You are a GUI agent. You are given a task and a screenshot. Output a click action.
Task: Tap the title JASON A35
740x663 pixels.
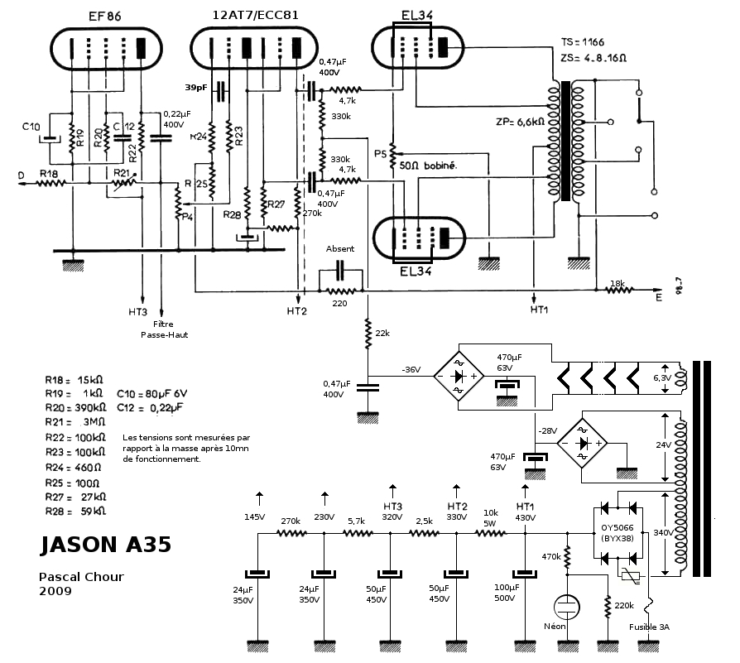coord(105,545)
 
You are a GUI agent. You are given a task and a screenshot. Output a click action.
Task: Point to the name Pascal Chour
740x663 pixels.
coord(81,576)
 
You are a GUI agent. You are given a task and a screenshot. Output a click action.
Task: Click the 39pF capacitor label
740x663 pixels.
coord(196,86)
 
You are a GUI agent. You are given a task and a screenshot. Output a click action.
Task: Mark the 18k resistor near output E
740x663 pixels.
coord(617,283)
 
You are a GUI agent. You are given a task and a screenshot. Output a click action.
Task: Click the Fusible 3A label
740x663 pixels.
coord(650,627)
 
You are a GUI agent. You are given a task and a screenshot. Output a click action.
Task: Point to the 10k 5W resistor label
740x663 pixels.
coord(491,518)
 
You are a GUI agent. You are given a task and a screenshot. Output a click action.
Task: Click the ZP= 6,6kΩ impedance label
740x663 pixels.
coord(520,122)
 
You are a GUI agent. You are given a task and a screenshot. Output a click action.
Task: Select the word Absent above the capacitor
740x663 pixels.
coord(340,248)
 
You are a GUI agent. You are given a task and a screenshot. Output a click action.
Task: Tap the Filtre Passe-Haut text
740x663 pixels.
coord(163,329)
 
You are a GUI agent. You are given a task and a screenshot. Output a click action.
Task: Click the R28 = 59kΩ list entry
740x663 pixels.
coord(76,511)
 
